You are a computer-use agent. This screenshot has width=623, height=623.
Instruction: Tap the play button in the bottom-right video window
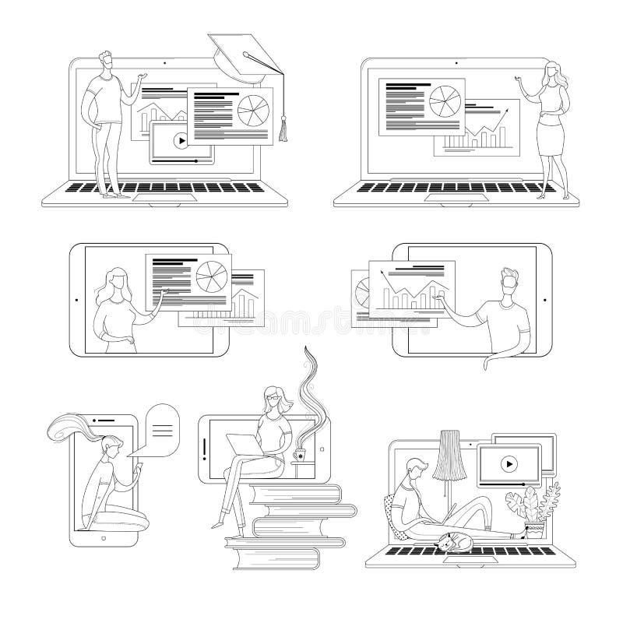point(508,464)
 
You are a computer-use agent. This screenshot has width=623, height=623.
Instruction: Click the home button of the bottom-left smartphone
point(104,537)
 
